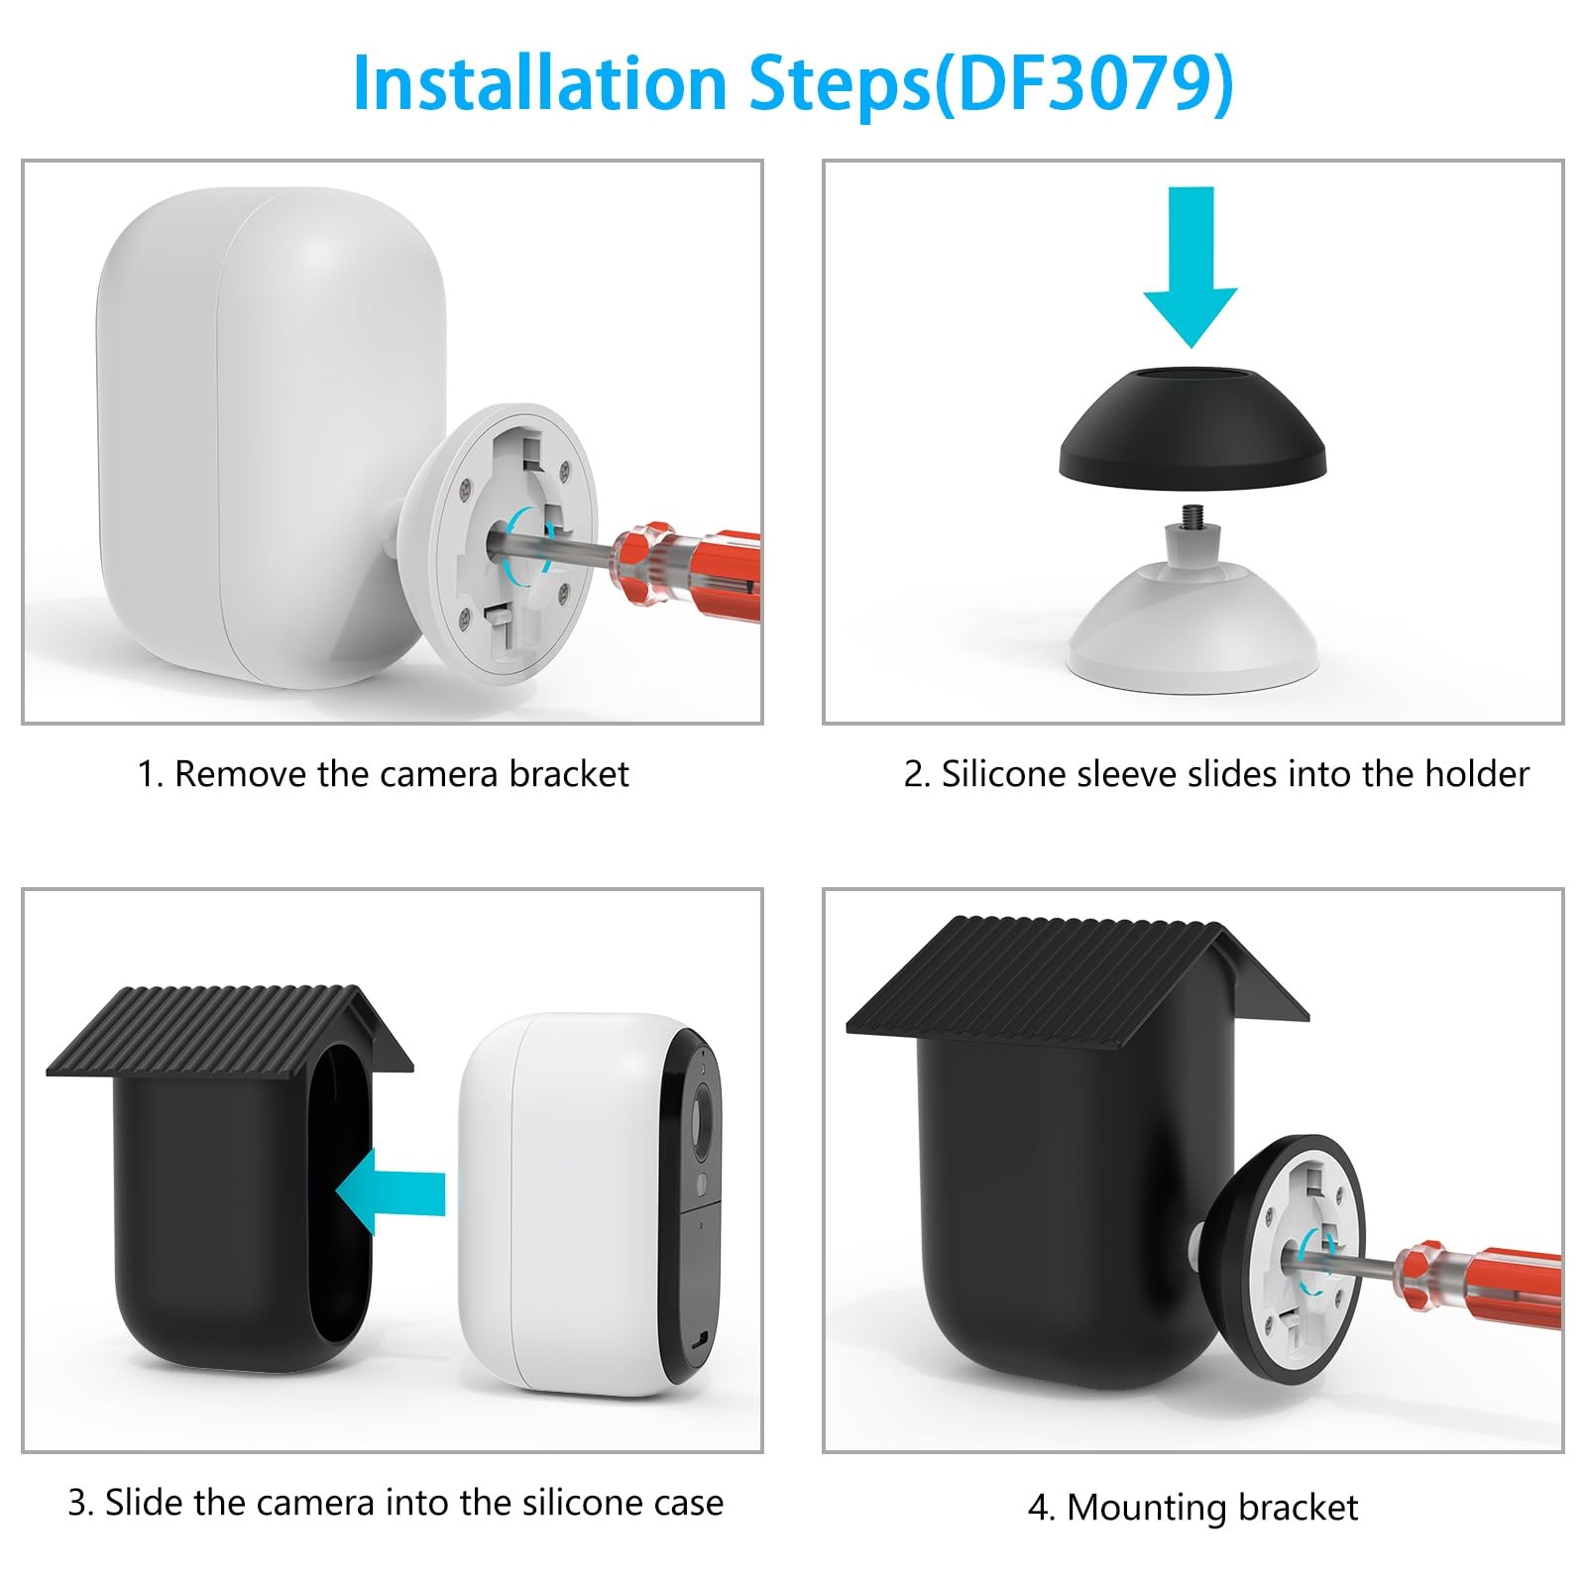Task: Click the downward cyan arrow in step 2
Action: point(1190,266)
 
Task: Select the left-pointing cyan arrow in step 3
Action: point(390,1192)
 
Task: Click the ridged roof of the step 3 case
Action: point(230,1031)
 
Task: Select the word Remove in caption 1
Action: point(241,774)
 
